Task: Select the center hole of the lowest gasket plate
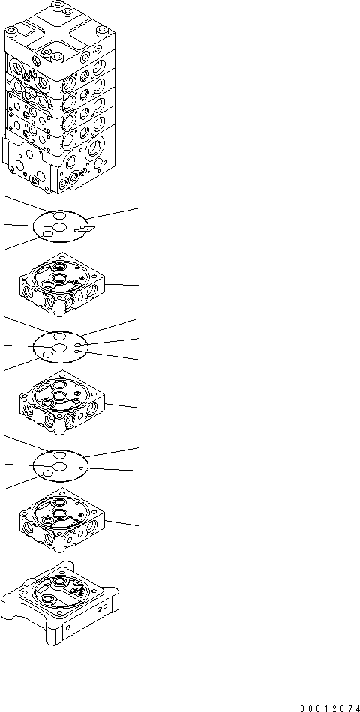point(59,468)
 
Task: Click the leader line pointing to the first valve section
point(124,286)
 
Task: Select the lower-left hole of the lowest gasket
point(47,478)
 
